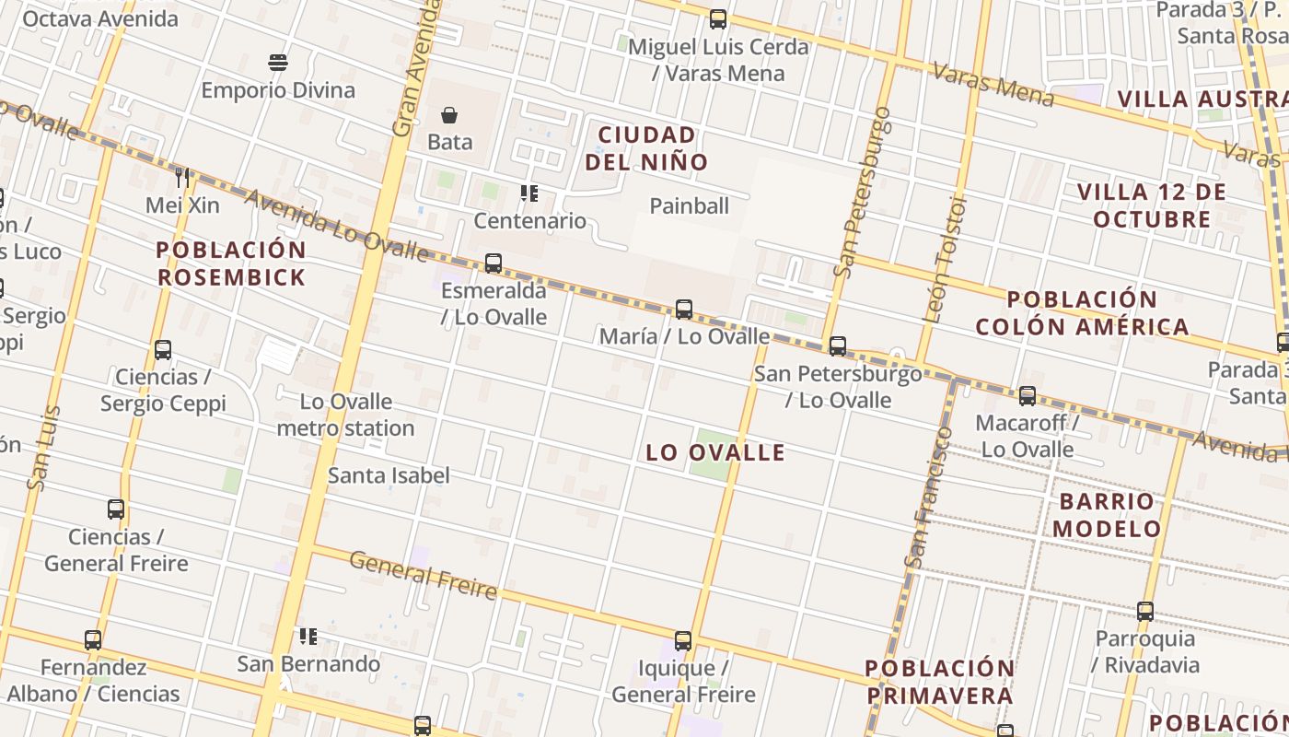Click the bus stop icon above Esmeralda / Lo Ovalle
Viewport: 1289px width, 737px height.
point(494,263)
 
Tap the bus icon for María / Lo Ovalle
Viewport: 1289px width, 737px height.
point(683,310)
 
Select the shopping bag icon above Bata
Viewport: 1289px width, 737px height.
point(449,115)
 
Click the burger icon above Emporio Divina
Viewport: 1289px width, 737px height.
point(278,63)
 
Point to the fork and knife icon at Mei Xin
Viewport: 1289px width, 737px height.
point(182,177)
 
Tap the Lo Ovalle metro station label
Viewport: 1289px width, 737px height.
point(345,415)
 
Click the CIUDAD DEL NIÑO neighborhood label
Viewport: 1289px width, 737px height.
point(646,148)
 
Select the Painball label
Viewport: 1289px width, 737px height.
point(689,205)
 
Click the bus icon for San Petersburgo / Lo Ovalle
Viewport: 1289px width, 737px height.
point(837,346)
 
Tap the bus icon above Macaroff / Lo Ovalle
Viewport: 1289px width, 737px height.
point(1028,396)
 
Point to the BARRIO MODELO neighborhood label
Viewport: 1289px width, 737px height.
point(1106,515)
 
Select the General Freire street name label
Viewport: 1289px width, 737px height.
point(423,575)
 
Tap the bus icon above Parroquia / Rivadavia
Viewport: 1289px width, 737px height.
point(1145,611)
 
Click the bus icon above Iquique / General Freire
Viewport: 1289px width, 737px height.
point(682,641)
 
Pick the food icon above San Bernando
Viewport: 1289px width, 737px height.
point(308,636)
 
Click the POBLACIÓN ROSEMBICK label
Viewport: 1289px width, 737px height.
point(230,263)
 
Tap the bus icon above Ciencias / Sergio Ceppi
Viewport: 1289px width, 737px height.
point(163,350)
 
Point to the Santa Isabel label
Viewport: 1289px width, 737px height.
point(389,475)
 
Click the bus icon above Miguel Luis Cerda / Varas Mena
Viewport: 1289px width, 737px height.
point(718,19)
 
